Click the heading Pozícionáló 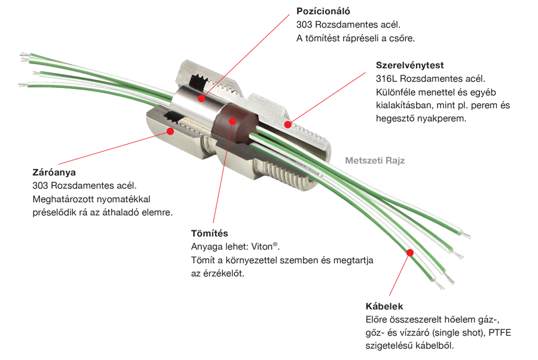click(x=323, y=11)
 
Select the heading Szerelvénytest click(x=409, y=65)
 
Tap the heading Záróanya click(x=54, y=172)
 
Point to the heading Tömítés click(x=209, y=233)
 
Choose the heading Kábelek click(x=384, y=306)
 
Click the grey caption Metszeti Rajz click(x=375, y=161)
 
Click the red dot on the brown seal click(x=233, y=121)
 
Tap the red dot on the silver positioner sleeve click(x=202, y=99)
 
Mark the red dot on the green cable click(x=410, y=253)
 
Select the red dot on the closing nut click(x=170, y=131)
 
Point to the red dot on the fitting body click(x=288, y=124)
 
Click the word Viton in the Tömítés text click(x=262, y=247)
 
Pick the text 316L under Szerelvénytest click(x=386, y=78)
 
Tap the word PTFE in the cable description click(x=500, y=332)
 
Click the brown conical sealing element click(x=236, y=125)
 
